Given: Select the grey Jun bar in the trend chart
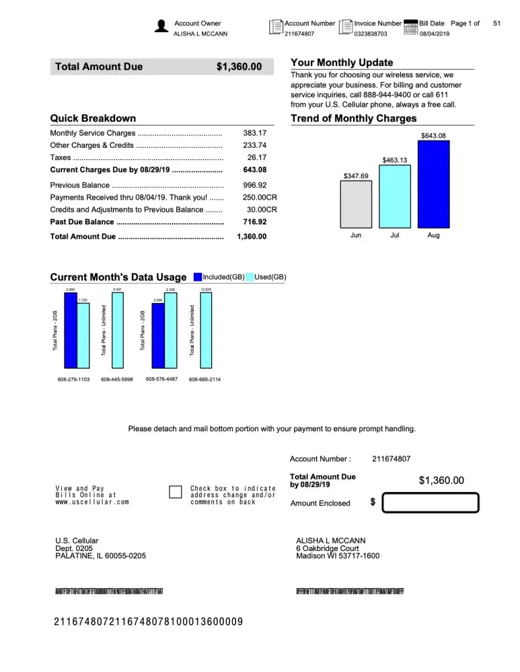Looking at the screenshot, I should tap(356, 204).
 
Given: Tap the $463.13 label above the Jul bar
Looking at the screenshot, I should tap(395, 160).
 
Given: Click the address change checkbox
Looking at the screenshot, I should tap(176, 492).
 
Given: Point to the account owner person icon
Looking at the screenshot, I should tap(161, 26).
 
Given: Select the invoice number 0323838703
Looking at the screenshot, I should tap(371, 34).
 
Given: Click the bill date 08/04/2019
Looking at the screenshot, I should tap(434, 34).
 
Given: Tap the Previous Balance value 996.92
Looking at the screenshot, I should tap(255, 185).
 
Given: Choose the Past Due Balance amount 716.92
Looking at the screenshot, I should tap(255, 222).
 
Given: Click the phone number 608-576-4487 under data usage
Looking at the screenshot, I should tap(161, 379).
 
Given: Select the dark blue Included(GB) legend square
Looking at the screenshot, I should tap(198, 277).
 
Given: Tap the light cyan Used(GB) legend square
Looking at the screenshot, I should tap(250, 277).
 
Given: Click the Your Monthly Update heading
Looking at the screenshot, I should tap(342, 62).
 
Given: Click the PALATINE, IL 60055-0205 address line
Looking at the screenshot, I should tap(100, 556).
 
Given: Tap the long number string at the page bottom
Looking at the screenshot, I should tap(148, 622).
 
